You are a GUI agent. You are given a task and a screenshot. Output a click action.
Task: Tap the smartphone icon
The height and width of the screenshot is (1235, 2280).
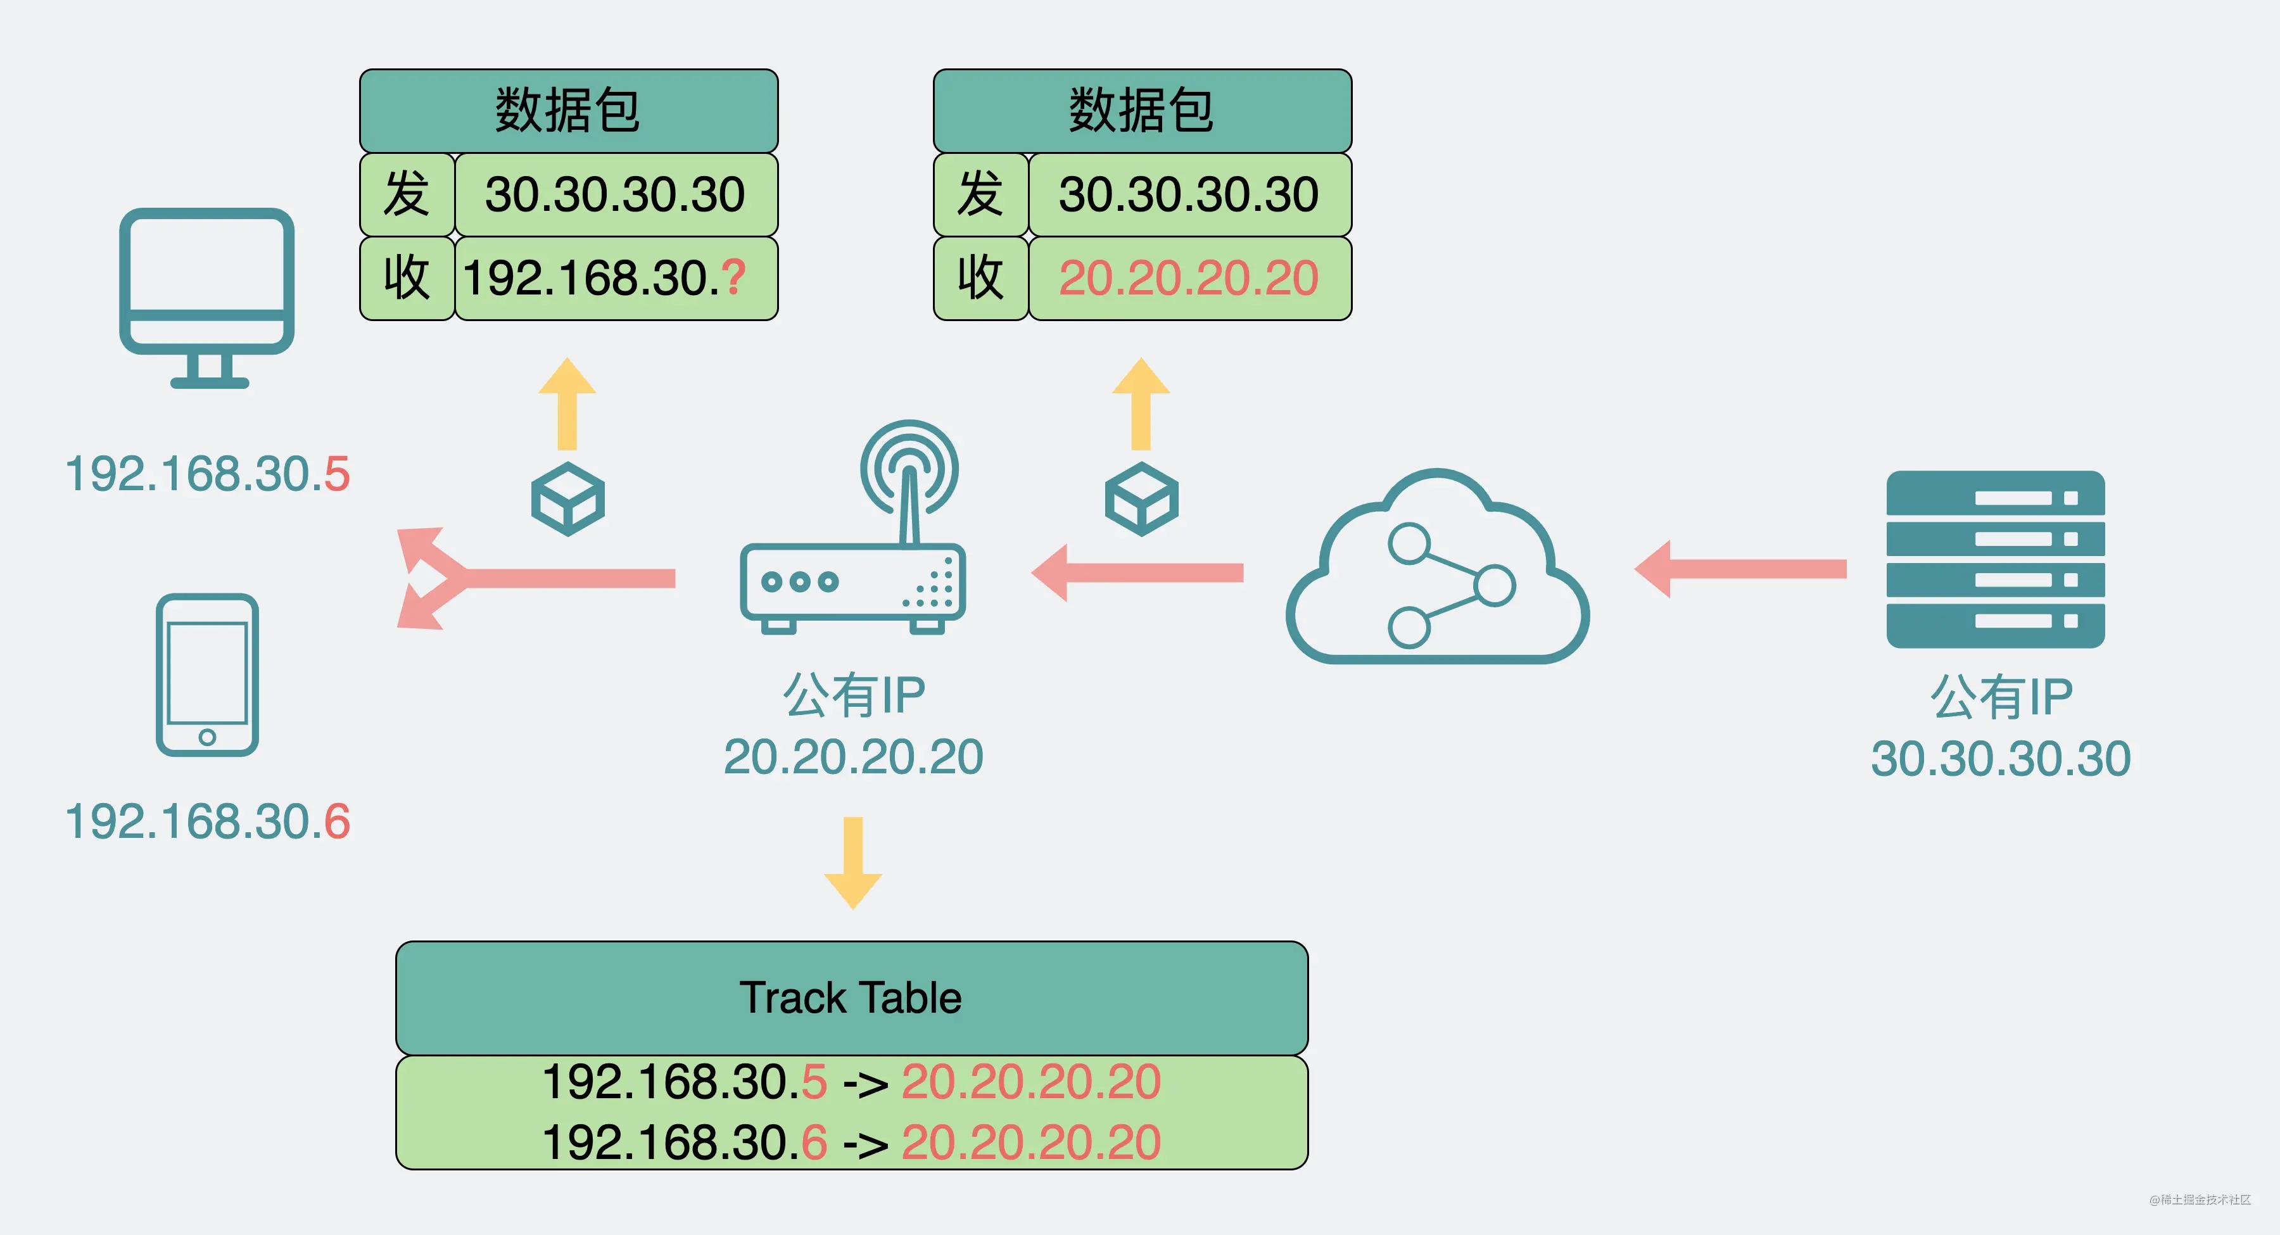207,674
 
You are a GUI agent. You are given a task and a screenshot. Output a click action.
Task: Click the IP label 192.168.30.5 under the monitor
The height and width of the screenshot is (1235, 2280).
207,474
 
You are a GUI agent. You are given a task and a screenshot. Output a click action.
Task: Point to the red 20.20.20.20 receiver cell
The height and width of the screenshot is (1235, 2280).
1189,278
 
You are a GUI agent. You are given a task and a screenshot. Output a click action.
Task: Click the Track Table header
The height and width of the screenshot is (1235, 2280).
851,997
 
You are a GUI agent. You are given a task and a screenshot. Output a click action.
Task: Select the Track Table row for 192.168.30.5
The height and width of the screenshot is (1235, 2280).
851,1082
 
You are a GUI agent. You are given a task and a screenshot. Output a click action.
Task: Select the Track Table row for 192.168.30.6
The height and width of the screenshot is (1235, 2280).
851,1142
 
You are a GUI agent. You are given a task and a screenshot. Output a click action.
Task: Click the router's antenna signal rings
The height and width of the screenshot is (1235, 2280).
909,467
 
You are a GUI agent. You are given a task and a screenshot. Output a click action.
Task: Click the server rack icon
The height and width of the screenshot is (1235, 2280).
1995,559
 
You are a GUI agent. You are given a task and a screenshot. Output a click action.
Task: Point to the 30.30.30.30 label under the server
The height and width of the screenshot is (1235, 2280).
2000,759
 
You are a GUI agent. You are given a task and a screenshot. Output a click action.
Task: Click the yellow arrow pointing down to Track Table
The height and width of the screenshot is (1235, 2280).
853,863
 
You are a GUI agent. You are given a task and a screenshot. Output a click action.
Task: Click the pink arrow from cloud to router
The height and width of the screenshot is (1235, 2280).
1137,573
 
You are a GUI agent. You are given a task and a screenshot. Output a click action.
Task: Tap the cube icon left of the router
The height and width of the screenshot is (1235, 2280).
567,498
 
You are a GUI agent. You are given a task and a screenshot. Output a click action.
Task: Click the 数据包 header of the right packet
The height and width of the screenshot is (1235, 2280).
1142,111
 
